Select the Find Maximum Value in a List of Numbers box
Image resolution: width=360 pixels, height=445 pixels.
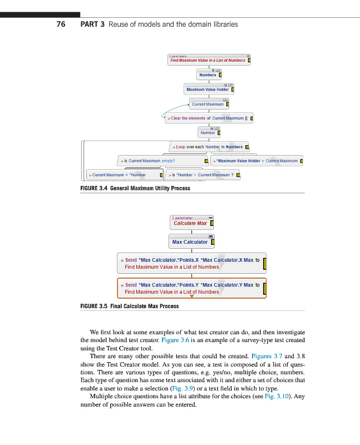[x=209, y=60]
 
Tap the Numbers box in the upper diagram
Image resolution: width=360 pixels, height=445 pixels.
[x=209, y=75]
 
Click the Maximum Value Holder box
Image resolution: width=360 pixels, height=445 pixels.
[x=209, y=89]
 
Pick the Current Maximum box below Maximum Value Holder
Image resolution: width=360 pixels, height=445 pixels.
[x=209, y=103]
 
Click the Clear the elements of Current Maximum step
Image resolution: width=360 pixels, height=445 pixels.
[x=209, y=118]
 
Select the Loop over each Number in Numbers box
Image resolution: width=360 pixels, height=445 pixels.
[x=209, y=147]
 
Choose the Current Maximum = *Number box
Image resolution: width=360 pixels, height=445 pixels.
[x=124, y=175]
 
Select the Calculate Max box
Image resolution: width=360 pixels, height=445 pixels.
[x=192, y=223]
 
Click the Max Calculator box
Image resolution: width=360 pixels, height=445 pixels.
[x=191, y=242]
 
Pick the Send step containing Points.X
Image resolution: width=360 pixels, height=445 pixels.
[x=191, y=263]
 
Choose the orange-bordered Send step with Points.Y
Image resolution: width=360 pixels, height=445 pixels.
[x=191, y=288]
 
